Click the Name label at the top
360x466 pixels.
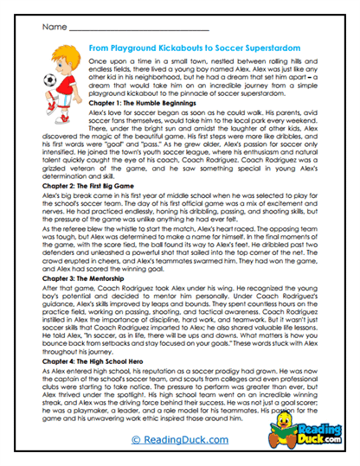[45, 28]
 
